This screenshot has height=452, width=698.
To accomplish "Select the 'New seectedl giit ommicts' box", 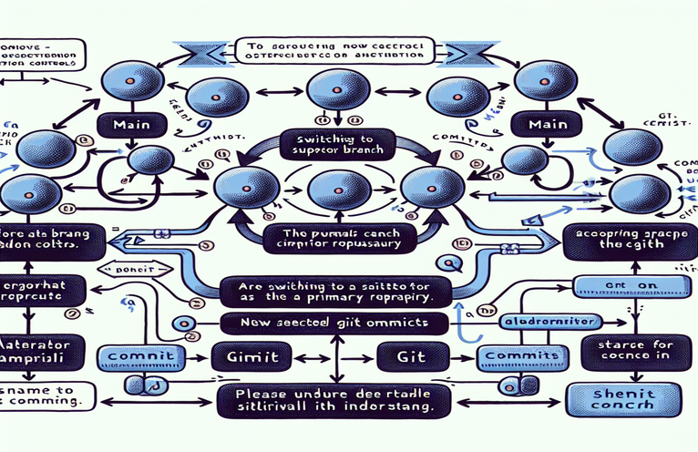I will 335,321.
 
